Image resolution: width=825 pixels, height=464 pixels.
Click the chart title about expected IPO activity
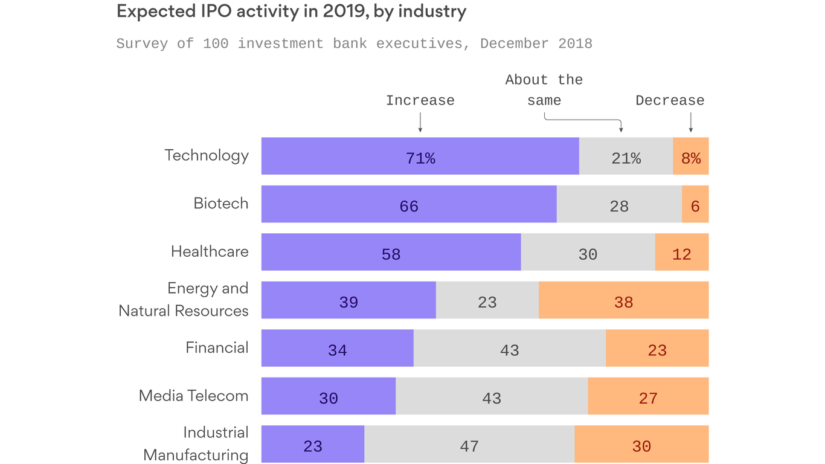pos(291,12)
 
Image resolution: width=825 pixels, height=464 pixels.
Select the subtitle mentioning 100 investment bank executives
pos(354,44)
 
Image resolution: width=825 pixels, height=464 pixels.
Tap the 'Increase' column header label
pos(420,101)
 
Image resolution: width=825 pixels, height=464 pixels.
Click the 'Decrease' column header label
pos(670,101)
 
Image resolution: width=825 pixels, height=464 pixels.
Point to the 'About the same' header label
pos(544,90)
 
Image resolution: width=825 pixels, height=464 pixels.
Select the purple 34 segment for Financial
pos(337,349)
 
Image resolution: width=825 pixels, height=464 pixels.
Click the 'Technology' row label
pos(207,155)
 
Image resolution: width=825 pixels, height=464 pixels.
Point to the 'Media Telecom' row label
pos(193,396)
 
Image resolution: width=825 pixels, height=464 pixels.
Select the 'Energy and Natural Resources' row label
pos(184,300)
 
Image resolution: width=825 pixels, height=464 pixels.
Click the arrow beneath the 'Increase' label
pos(420,123)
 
